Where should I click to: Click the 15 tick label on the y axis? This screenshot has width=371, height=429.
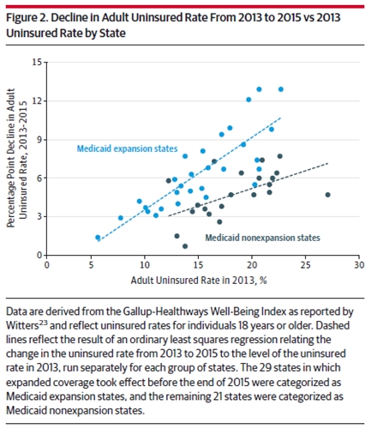37,62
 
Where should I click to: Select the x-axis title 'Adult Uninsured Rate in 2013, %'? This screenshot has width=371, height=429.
199,281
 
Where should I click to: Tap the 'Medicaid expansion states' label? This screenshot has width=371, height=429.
127,148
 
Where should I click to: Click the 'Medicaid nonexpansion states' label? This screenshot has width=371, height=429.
262,238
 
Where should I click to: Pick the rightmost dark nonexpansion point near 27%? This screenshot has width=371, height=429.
327,195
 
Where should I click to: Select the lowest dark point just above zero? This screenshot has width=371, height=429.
185,246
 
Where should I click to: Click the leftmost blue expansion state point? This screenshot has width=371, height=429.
98,238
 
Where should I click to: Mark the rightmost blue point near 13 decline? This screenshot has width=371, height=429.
281,89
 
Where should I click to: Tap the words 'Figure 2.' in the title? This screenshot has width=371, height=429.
27,18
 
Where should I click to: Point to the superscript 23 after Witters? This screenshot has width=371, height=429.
43,323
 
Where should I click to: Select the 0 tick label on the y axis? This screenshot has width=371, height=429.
39,255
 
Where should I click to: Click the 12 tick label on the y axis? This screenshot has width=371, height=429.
37,101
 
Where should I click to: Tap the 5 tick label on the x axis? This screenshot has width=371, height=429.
91,265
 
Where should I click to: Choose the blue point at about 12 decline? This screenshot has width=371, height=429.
248,100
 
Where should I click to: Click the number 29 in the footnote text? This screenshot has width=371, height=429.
265,368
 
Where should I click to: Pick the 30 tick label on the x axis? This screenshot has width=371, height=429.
359,265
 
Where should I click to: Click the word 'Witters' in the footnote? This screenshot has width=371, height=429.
22,326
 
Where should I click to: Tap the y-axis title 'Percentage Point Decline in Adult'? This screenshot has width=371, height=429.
11,158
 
